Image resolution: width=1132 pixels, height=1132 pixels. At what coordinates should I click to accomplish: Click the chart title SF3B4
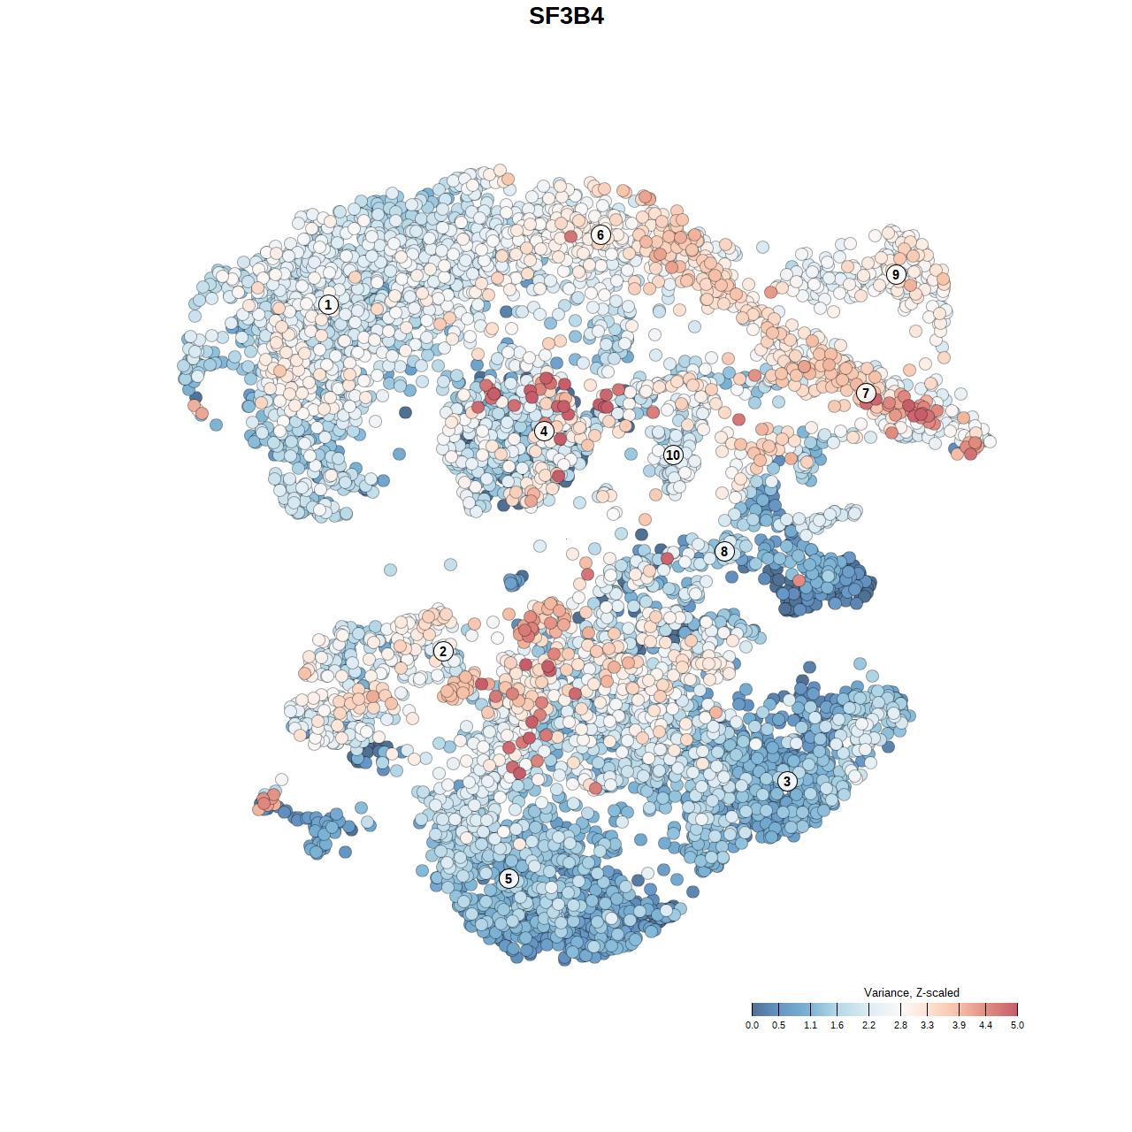click(x=566, y=16)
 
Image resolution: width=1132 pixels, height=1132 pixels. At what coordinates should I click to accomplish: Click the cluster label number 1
click(x=328, y=305)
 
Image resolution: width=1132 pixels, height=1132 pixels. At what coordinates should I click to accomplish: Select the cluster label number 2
click(x=443, y=652)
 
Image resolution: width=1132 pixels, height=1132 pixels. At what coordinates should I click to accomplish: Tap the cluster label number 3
click(x=787, y=781)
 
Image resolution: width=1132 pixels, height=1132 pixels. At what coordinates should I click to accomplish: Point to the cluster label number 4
click(x=544, y=432)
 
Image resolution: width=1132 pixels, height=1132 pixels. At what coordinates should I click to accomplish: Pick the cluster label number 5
click(x=509, y=878)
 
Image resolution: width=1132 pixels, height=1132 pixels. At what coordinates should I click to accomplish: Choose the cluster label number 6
click(x=600, y=234)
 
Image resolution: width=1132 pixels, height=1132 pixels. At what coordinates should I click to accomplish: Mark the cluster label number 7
click(x=866, y=394)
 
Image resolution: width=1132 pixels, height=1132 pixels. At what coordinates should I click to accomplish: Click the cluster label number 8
click(x=724, y=552)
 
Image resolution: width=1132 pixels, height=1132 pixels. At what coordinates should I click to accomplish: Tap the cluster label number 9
click(x=896, y=274)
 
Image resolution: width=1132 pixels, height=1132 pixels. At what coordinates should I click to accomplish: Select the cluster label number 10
click(x=673, y=455)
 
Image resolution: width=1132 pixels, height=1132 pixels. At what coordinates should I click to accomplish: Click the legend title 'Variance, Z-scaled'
click(x=911, y=992)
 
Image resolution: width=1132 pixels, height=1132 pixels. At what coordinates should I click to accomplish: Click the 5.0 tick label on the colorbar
click(x=1017, y=1025)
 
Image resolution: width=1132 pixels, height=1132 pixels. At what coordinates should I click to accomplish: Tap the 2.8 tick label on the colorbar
click(x=900, y=1025)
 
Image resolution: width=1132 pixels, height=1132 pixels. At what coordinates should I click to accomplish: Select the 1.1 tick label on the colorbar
click(x=810, y=1025)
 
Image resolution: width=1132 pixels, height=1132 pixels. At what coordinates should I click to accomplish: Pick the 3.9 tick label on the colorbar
click(x=959, y=1025)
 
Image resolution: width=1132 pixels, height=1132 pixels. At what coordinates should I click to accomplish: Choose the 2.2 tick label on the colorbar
click(x=868, y=1025)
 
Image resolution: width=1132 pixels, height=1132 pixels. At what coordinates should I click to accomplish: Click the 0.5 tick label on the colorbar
click(x=778, y=1025)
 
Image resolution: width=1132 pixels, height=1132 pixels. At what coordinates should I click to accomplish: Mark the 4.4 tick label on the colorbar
click(x=985, y=1025)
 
